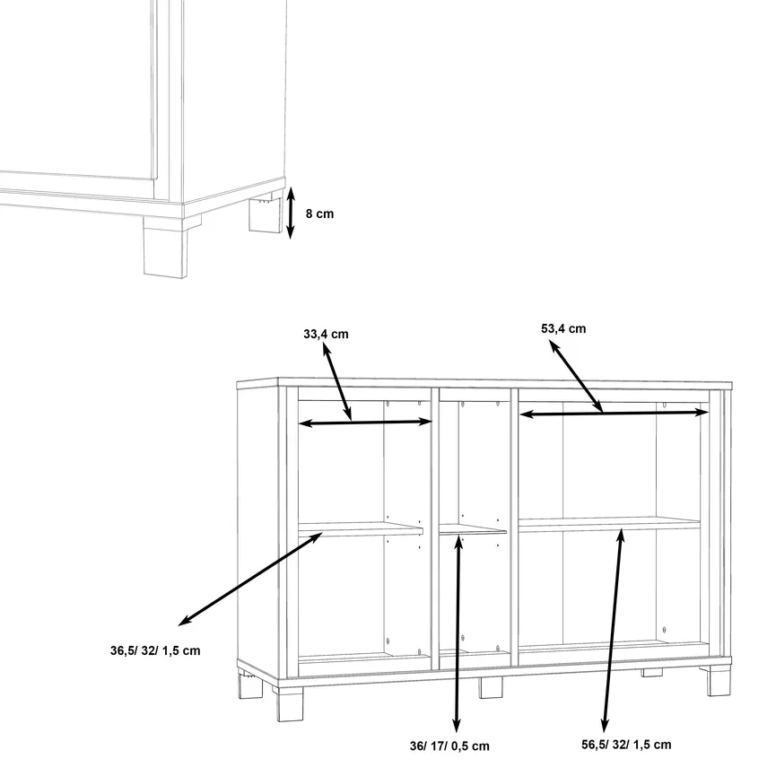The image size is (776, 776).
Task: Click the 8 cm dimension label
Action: [x=319, y=214]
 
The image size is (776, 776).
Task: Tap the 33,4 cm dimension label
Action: [x=326, y=335]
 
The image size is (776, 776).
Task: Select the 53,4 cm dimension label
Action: [x=563, y=329]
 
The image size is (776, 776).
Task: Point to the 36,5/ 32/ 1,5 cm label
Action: [x=155, y=650]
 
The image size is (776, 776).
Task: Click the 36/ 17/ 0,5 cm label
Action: [x=449, y=746]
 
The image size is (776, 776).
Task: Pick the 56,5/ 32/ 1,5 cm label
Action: [x=626, y=745]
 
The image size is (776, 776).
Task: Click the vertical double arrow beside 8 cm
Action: [x=291, y=213]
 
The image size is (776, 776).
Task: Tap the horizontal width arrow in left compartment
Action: [x=365, y=423]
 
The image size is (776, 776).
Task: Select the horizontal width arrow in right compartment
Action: [x=615, y=413]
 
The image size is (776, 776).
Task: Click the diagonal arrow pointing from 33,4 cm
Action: [x=337, y=381]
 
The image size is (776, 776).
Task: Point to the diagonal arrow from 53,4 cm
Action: [x=576, y=377]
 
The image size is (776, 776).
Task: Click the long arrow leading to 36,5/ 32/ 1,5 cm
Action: [x=250, y=579]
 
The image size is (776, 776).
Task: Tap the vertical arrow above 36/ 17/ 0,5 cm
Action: [x=458, y=633]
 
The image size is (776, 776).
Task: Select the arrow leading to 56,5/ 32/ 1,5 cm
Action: [x=613, y=631]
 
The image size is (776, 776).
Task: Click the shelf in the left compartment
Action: [x=361, y=529]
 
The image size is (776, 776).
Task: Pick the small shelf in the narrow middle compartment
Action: [x=473, y=529]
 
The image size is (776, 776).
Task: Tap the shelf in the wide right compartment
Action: [x=609, y=525]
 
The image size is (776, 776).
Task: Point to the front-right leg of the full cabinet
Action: [x=718, y=681]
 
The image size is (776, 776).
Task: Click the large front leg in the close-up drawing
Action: [x=166, y=248]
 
